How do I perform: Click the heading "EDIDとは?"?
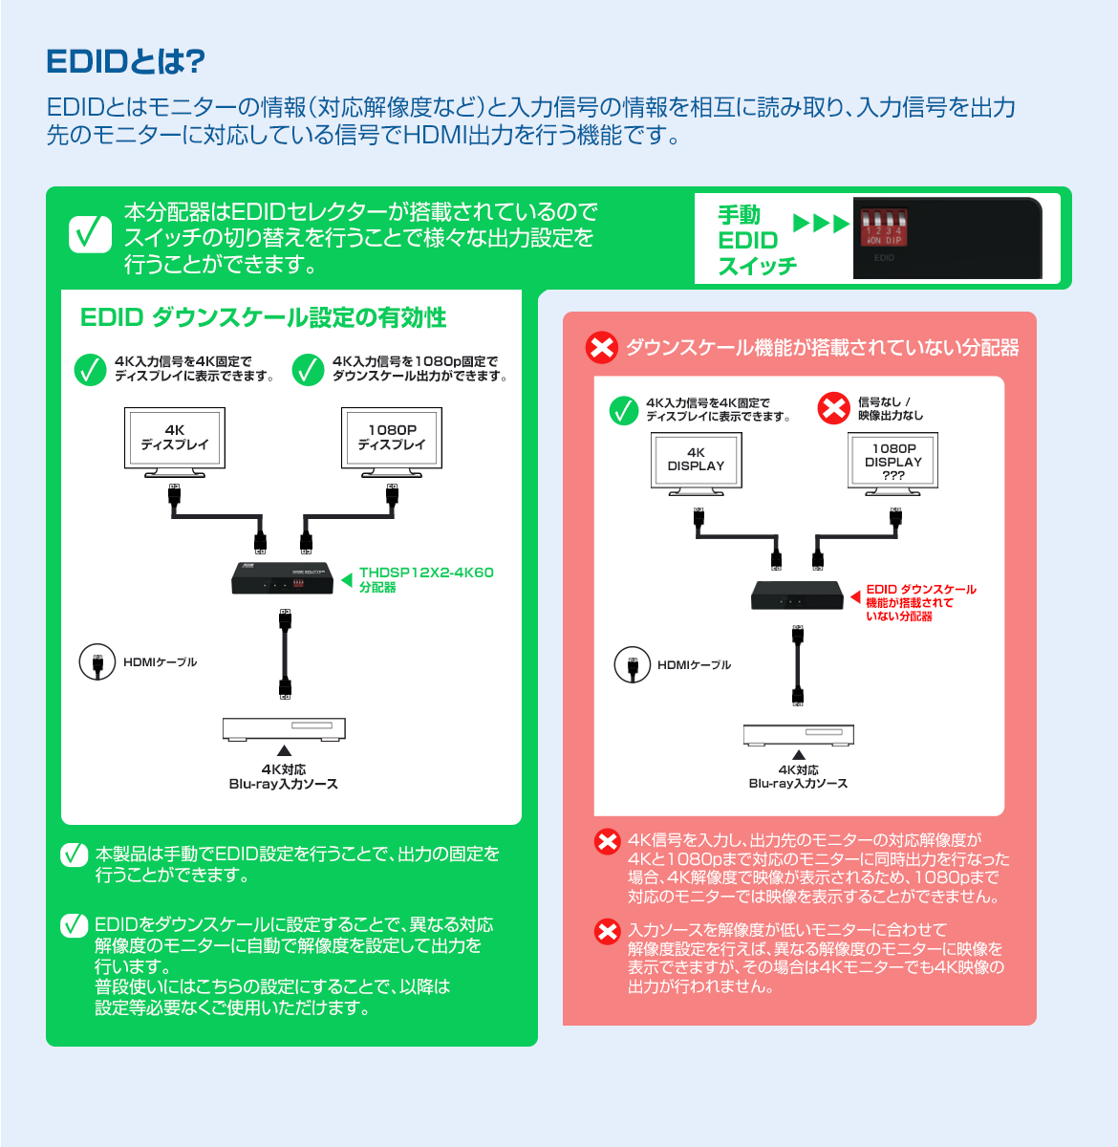(x=125, y=62)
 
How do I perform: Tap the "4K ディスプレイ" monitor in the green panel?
(x=174, y=440)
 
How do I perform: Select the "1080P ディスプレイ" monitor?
(x=392, y=440)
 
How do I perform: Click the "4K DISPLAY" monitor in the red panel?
(x=696, y=462)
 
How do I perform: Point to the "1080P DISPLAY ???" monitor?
(x=893, y=462)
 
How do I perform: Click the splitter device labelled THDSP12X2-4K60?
(x=282, y=578)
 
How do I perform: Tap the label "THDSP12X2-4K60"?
(x=426, y=573)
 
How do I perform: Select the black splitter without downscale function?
(x=797, y=595)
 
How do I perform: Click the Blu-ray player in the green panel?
(x=284, y=729)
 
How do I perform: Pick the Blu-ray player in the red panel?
(x=798, y=734)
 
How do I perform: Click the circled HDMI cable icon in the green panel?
(x=97, y=662)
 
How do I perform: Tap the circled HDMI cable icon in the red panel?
(x=632, y=664)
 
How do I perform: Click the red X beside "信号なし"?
(x=833, y=408)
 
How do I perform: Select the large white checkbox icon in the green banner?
(x=91, y=234)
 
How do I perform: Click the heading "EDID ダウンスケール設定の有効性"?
(x=264, y=317)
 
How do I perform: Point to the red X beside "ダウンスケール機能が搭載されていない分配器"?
(x=602, y=347)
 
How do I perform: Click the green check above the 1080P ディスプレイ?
(x=308, y=370)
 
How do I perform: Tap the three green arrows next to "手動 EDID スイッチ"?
(x=821, y=224)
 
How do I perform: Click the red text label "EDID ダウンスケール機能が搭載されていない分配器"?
(x=920, y=603)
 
